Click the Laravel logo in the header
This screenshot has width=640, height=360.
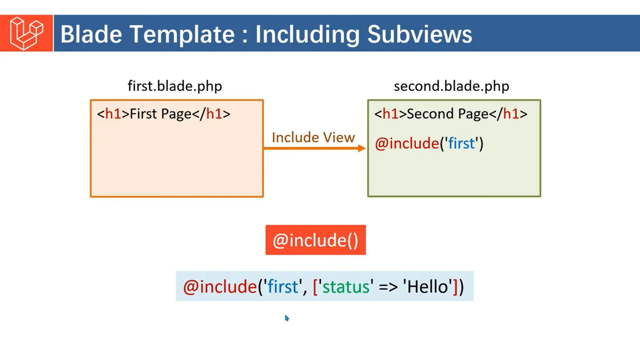[26, 33]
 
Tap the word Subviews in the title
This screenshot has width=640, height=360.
[419, 34]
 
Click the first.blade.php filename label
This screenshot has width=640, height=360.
[175, 86]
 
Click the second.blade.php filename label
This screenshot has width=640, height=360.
[451, 86]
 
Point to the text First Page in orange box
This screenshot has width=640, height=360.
[160, 114]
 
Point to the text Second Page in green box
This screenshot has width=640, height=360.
[447, 114]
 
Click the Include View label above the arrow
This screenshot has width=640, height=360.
[313, 137]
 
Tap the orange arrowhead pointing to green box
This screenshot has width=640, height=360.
[362, 148]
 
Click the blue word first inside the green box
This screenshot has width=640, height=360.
[461, 143]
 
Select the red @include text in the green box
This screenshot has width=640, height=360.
[407, 143]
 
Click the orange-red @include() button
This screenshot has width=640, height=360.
[315, 240]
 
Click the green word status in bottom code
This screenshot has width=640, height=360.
[346, 287]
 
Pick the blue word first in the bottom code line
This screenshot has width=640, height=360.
[283, 287]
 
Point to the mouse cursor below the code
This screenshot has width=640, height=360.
[287, 318]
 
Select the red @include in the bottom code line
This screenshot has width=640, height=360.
[220, 287]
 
